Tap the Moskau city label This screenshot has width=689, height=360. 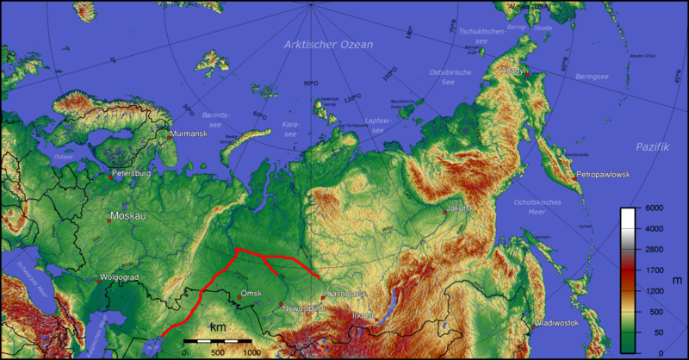click(x=128, y=215)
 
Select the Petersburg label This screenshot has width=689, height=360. click(x=131, y=174)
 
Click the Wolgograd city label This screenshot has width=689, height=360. click(x=119, y=277)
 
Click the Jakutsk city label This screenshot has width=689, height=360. click(x=461, y=208)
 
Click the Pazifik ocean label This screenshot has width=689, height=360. click(x=652, y=147)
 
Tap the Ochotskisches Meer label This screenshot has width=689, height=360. click(x=542, y=206)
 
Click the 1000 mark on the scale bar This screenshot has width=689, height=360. click(x=251, y=352)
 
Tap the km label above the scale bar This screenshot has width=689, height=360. click(x=217, y=327)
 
